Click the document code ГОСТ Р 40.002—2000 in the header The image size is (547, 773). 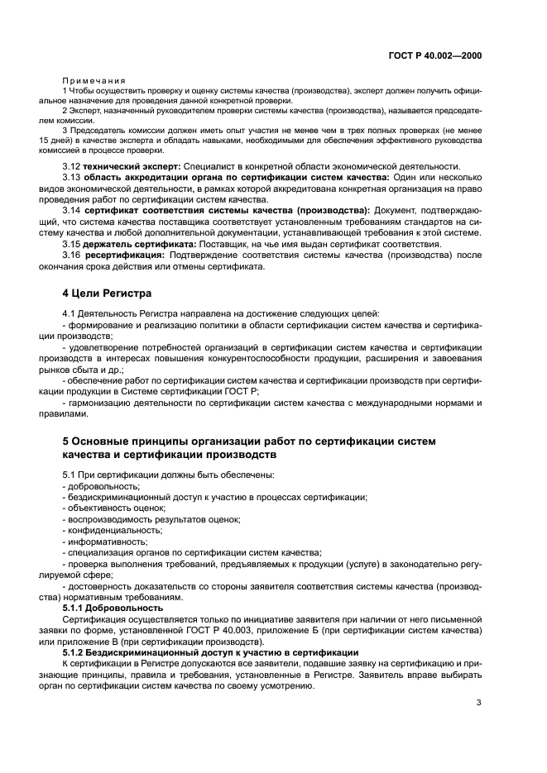tap(435, 55)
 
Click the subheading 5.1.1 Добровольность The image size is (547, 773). tap(113, 608)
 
